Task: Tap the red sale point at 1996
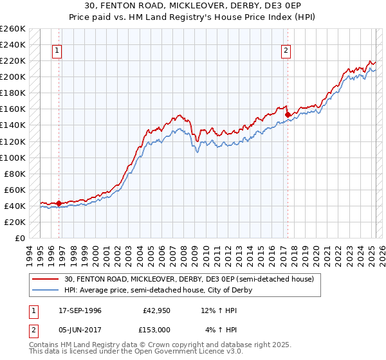(x=59, y=203)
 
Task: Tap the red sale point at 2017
(x=287, y=114)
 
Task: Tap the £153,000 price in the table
(x=156, y=330)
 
